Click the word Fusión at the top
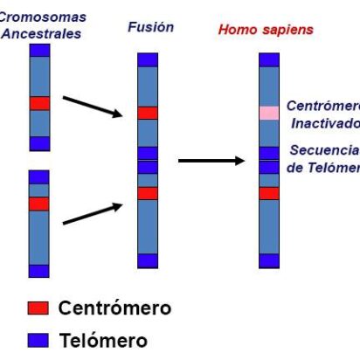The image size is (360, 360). [x=150, y=27]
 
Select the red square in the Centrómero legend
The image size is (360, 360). [x=38, y=308]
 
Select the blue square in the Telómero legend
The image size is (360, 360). [x=38, y=340]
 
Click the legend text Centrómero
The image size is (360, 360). [x=114, y=308]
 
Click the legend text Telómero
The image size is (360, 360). [x=103, y=340]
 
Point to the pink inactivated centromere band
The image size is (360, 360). [x=269, y=113]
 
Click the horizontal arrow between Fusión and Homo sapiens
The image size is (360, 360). [x=211, y=161]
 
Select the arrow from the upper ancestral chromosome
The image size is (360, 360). [x=92, y=106]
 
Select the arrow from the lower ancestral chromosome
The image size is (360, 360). [x=92, y=214]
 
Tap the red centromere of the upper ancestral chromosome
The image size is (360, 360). [x=40, y=103]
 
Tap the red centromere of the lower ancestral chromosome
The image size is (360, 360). [x=39, y=204]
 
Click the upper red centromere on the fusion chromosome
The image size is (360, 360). [x=148, y=113]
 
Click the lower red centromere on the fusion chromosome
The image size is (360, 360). [x=148, y=193]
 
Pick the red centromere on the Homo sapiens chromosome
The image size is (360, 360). [x=269, y=193]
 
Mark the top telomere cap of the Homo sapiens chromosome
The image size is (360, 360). [x=269, y=59]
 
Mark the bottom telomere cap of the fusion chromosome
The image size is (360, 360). [x=148, y=260]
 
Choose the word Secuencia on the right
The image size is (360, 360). [x=323, y=149]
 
